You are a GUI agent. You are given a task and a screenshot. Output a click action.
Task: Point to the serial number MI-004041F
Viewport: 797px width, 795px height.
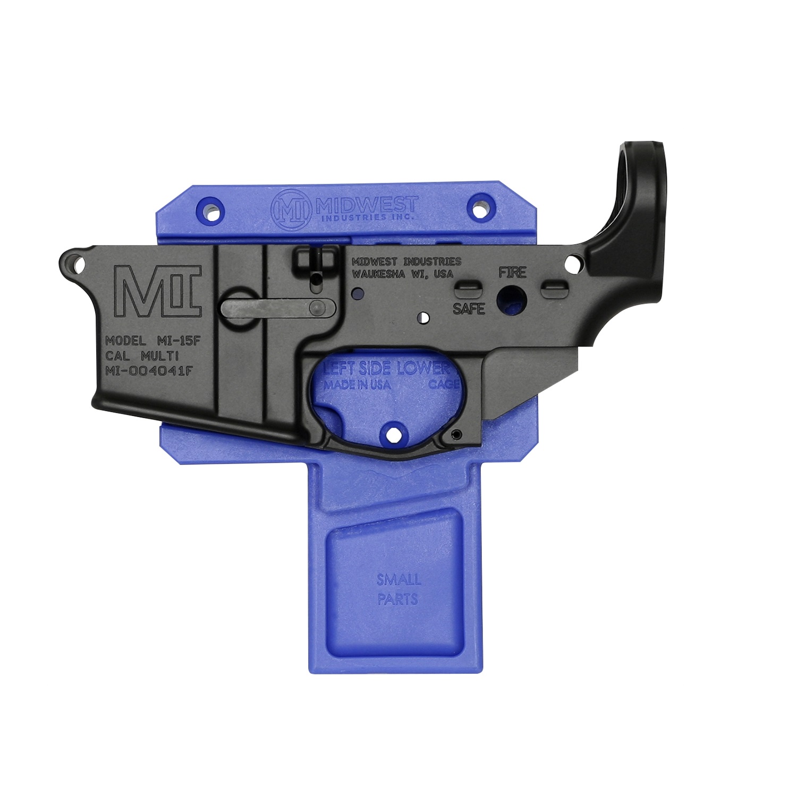(149, 371)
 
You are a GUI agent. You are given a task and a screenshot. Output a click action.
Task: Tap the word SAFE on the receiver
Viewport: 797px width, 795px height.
(469, 308)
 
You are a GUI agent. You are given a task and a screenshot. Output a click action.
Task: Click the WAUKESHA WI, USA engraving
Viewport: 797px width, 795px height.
(403, 274)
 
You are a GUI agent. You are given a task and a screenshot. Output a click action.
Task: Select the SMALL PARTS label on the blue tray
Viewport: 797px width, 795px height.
(398, 589)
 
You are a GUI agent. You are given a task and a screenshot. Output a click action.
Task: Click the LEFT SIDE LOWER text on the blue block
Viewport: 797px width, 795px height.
(387, 368)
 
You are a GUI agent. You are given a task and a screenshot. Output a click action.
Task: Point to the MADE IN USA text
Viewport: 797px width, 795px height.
(357, 385)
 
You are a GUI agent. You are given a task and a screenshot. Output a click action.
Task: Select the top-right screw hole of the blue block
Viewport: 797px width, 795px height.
(481, 208)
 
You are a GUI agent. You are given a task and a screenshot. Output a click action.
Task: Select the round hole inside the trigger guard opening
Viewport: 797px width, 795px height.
(394, 434)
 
